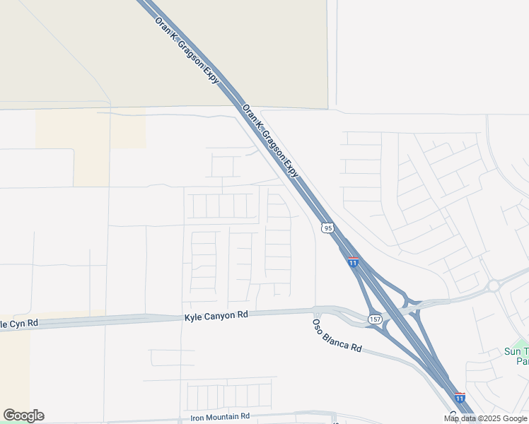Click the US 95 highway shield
[326, 228]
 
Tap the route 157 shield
[375, 319]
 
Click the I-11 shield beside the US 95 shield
[353, 262]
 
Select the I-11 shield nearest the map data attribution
[460, 398]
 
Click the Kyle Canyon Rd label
[216, 315]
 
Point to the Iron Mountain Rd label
[220, 418]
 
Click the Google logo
[23, 416]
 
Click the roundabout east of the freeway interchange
[492, 286]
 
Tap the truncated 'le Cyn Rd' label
[19, 324]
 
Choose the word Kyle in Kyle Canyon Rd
[192, 317]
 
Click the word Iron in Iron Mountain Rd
[198, 418]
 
